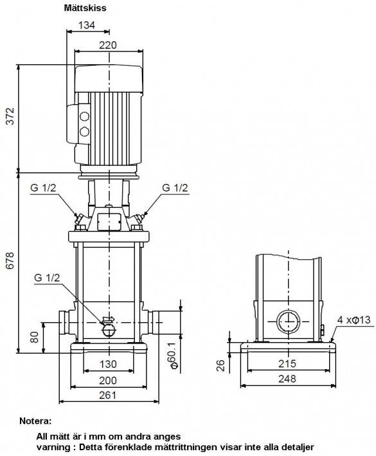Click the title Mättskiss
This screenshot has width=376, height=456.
click(x=85, y=8)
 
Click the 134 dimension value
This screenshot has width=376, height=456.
click(x=87, y=26)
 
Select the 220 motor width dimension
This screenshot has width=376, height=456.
click(x=108, y=45)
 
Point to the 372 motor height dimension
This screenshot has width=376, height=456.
click(x=10, y=116)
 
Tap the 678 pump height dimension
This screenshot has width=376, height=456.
click(x=10, y=260)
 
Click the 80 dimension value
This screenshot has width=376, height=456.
click(x=34, y=338)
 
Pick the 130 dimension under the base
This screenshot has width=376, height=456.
click(x=108, y=364)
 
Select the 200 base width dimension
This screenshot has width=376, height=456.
click(x=108, y=380)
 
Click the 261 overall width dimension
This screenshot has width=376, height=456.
click(x=107, y=395)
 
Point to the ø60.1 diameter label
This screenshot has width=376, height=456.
click(x=173, y=355)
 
